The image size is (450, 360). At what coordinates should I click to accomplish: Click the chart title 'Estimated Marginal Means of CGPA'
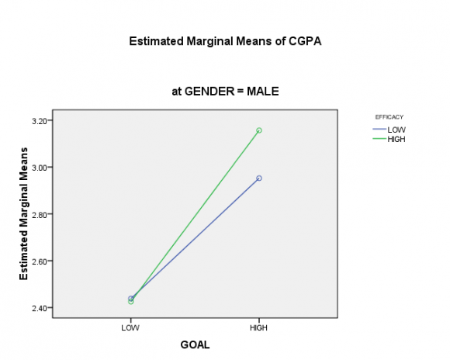tap(225, 41)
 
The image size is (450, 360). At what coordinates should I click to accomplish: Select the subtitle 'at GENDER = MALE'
tap(225, 92)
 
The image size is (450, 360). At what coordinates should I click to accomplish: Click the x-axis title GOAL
tap(195, 344)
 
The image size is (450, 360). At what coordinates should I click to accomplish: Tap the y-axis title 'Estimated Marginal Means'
tap(24, 213)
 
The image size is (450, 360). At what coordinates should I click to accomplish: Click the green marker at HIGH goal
tap(259, 130)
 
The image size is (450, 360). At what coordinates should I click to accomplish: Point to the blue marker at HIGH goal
tap(259, 178)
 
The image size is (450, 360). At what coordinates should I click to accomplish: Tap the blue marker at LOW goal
tap(130, 298)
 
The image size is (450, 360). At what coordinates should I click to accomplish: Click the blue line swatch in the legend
tap(379, 129)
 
